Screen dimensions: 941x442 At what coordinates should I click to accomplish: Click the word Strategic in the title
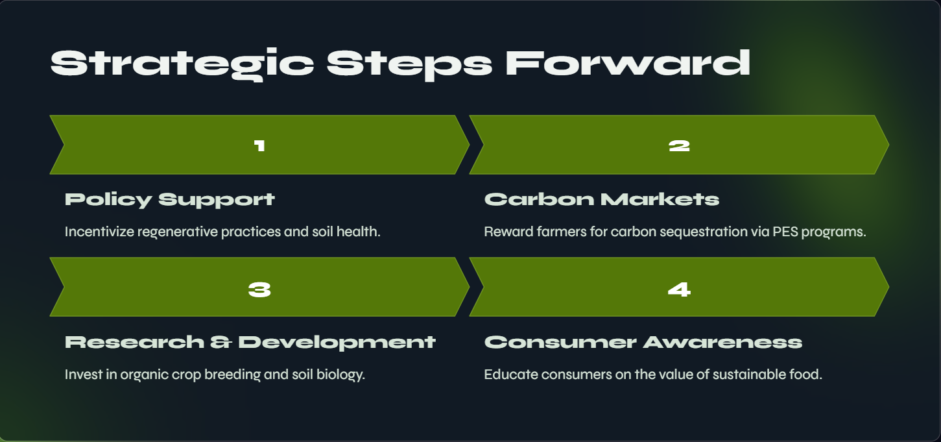[182, 64]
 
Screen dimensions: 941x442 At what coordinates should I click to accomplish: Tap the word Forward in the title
[628, 63]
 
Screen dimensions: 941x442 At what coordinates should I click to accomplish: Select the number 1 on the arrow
[259, 145]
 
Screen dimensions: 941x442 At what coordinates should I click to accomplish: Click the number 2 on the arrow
[679, 145]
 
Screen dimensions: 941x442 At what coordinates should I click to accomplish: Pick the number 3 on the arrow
[259, 289]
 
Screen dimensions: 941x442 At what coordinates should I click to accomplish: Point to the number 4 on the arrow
[679, 289]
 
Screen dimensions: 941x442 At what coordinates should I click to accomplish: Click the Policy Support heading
[170, 200]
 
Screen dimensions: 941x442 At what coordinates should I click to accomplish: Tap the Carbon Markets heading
[602, 199]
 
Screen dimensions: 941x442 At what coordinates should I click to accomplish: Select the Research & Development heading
[250, 343]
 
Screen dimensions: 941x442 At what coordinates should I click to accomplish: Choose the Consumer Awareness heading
[643, 342]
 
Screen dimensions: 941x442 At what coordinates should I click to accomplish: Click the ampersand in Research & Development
[221, 342]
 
